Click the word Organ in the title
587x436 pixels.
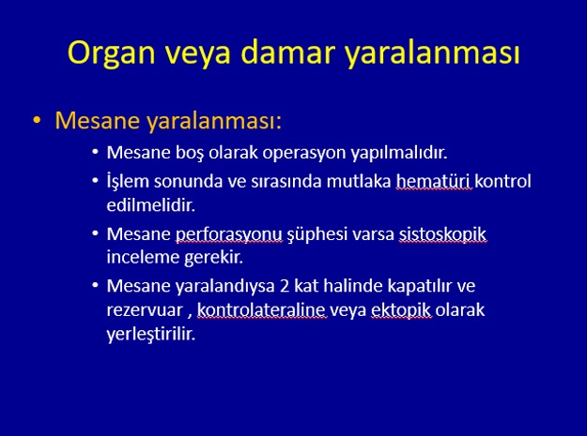(x=111, y=53)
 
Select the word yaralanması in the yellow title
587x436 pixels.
(x=432, y=53)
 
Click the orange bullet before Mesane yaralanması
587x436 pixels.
(x=37, y=120)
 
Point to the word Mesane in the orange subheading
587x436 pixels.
(x=98, y=120)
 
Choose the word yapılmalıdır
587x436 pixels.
(x=399, y=153)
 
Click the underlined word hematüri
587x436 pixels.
(x=433, y=182)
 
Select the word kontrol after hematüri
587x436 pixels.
(x=502, y=181)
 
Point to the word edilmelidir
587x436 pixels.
(x=151, y=204)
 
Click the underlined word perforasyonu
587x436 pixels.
(x=229, y=234)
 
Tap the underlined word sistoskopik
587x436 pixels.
(x=442, y=234)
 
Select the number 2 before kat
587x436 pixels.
(x=285, y=286)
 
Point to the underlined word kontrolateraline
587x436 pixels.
(x=262, y=310)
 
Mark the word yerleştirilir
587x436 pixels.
(x=151, y=334)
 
